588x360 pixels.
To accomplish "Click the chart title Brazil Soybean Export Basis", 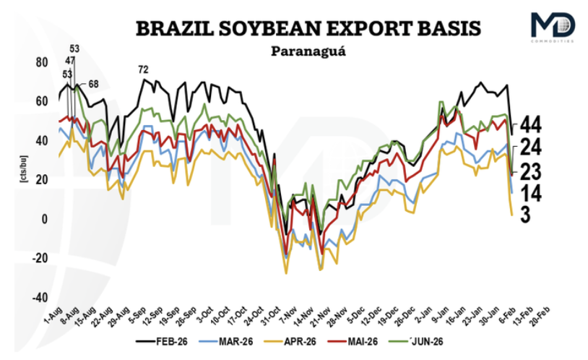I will pos(308,28).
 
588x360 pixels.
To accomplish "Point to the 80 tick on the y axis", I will pos(40,62).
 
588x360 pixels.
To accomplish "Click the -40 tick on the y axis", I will pos(39,298).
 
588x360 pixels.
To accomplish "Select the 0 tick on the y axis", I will pos(43,219).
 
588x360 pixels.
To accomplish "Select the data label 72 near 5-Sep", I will pos(143,69).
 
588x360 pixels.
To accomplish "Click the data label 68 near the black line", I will pos(93,84).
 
